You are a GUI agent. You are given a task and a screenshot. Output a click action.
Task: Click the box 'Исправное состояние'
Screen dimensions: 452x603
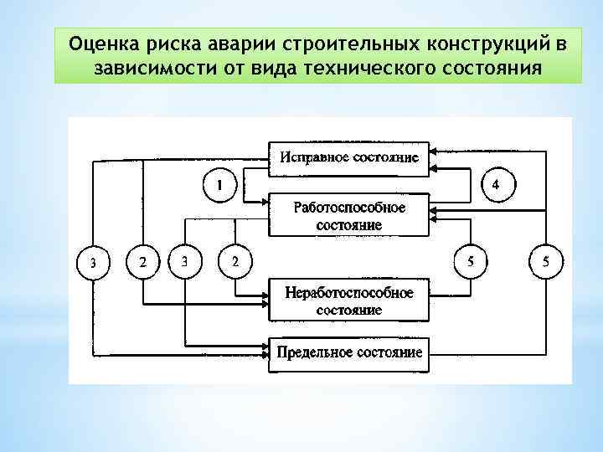click(x=348, y=158)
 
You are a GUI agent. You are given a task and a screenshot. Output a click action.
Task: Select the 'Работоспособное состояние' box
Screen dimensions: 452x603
click(x=348, y=216)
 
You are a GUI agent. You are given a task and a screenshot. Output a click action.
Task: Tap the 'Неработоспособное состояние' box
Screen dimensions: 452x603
click(x=348, y=301)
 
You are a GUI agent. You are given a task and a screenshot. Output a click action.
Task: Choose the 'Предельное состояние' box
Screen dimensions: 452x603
click(x=348, y=352)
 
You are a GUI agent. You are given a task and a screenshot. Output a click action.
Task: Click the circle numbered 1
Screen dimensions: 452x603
click(x=220, y=184)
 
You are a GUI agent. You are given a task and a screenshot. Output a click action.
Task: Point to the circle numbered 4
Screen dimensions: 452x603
click(x=496, y=184)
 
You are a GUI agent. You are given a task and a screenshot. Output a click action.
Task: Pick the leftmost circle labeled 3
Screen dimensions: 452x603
click(x=93, y=262)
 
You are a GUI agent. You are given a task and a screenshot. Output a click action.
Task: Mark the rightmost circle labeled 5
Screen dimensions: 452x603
click(x=546, y=262)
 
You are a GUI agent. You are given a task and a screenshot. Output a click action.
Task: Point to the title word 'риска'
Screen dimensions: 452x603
click(x=171, y=42)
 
